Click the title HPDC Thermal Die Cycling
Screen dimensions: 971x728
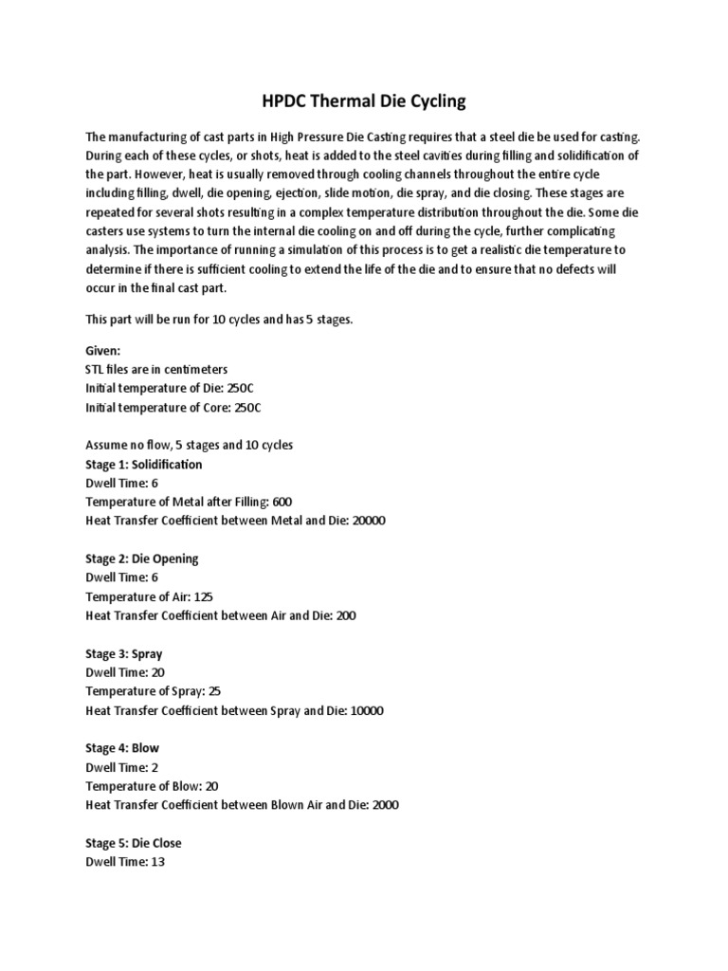[x=364, y=100]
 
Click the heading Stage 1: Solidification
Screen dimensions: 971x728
[x=143, y=465]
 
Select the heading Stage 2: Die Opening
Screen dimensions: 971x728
[x=141, y=559]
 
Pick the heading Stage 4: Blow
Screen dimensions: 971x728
[x=122, y=748]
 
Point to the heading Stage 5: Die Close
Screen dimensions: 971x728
[x=133, y=843]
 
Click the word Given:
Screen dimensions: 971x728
[x=104, y=350]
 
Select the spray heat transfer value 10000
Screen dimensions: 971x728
[x=366, y=710]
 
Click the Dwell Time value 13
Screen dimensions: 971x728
[x=158, y=862]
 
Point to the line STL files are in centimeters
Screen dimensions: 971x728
[x=156, y=369]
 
